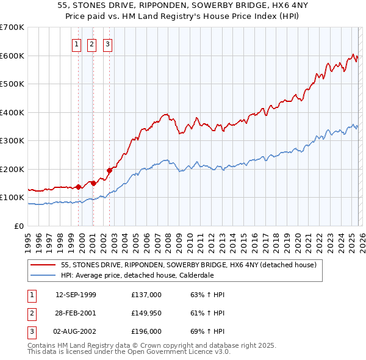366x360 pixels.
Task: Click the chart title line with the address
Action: pyautogui.click(x=183, y=5)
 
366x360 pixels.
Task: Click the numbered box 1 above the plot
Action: pyautogui.click(x=76, y=44)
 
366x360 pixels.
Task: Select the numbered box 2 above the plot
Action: pyautogui.click(x=91, y=44)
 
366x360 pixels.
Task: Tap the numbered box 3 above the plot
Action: pyautogui.click(x=107, y=44)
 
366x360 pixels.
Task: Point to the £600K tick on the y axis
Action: pyautogui.click(x=12, y=56)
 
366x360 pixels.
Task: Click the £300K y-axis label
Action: pyautogui.click(x=12, y=141)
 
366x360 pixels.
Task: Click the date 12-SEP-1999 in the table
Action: pyautogui.click(x=76, y=295)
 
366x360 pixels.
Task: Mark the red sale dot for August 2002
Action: pyautogui.click(x=109, y=170)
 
